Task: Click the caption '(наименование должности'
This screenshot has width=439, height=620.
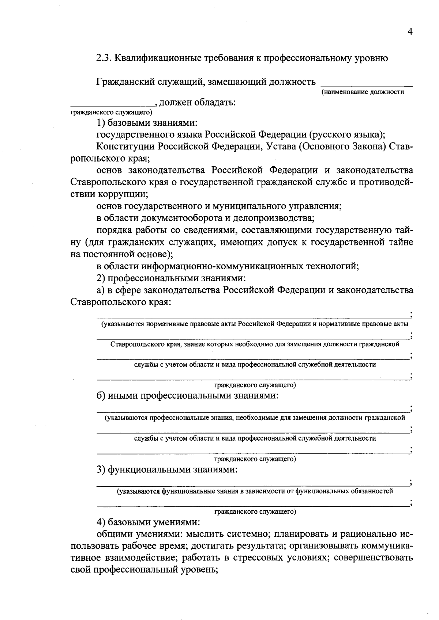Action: click(x=363, y=92)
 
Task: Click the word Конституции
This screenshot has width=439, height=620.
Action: click(x=126, y=147)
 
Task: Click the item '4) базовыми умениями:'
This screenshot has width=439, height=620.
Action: click(x=148, y=521)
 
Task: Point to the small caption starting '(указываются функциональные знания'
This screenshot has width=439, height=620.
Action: click(x=255, y=491)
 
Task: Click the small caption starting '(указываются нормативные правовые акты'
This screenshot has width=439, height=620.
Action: click(x=255, y=324)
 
